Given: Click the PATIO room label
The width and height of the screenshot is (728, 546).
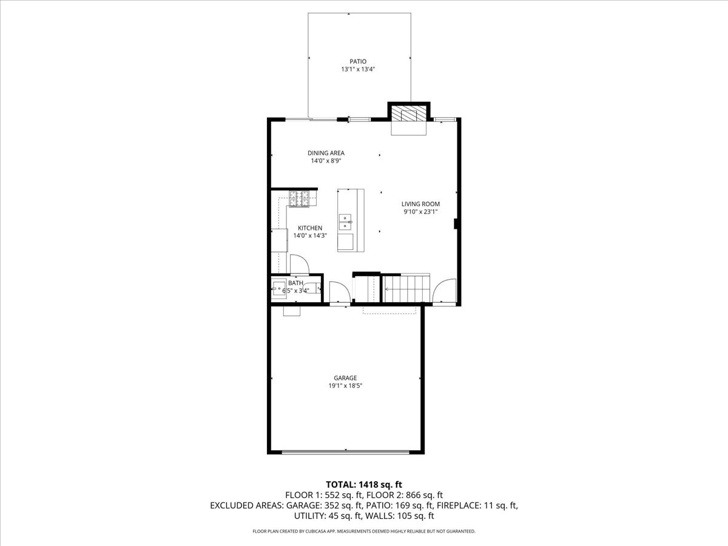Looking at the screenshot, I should [357, 61].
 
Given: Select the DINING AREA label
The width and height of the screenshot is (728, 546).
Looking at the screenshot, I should [326, 153].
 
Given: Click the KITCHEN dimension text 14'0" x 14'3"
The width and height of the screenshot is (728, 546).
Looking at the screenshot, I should [310, 235].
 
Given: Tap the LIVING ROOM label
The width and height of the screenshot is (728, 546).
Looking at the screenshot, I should [420, 204].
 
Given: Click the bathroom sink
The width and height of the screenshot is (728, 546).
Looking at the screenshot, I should [280, 289].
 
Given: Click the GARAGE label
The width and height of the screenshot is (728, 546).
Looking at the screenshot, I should [345, 378].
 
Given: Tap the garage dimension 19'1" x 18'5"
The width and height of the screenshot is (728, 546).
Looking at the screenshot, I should [345, 386].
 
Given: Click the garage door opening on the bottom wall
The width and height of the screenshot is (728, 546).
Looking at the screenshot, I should [345, 451].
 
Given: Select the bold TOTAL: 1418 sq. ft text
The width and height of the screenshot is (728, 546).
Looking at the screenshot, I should [364, 484].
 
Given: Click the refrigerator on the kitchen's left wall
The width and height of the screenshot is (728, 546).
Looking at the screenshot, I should [279, 240].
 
